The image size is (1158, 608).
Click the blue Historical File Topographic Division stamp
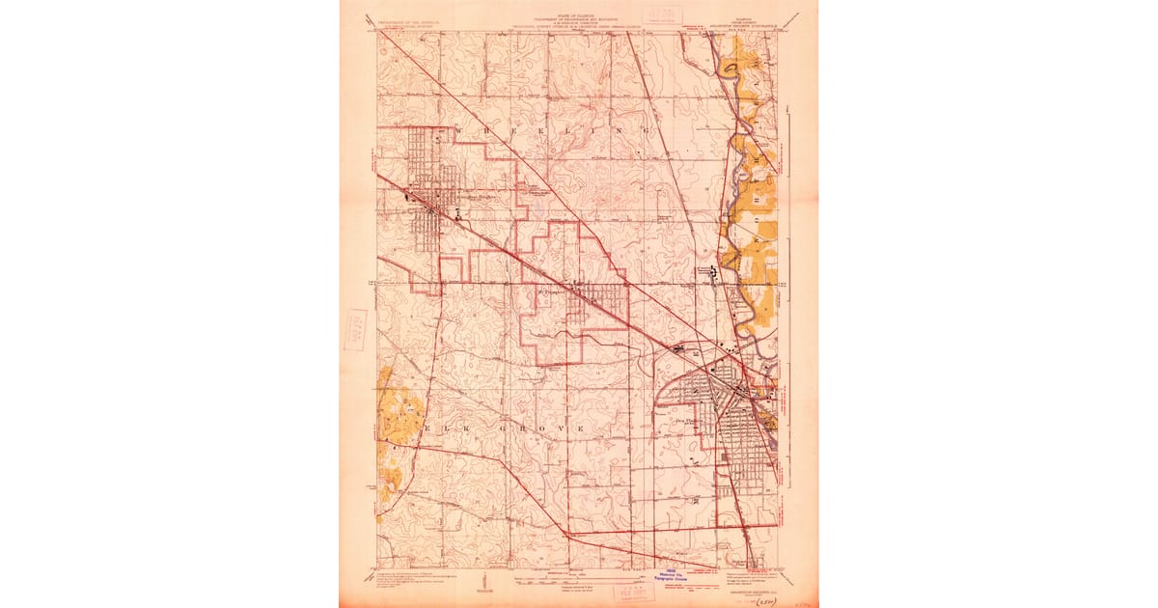[693, 575]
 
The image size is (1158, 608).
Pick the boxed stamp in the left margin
[355, 329]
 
